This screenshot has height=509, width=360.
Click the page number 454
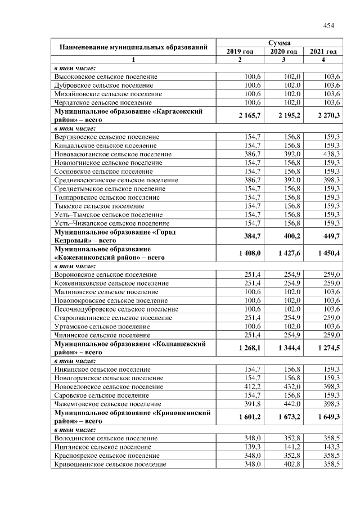(x=328, y=25)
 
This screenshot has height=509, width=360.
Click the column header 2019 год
(x=240, y=51)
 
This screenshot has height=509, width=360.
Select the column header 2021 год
(x=323, y=51)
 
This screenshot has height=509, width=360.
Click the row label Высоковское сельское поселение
(x=106, y=76)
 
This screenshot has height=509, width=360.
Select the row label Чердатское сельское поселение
(x=103, y=102)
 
